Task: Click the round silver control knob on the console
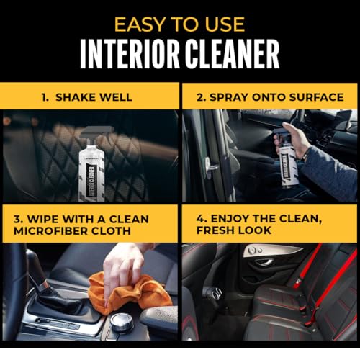tap(122, 322)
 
